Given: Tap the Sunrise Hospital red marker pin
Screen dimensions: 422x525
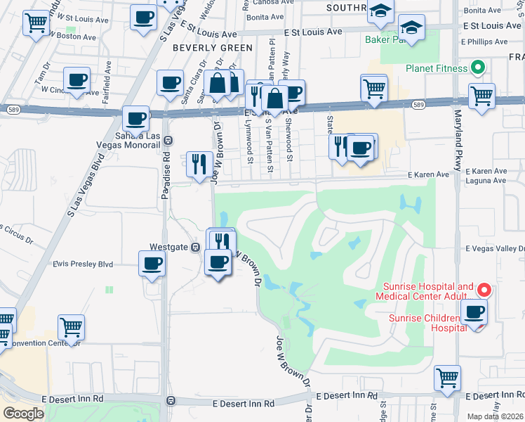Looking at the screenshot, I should (x=484, y=290).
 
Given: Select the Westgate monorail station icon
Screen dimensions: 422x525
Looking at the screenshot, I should (x=196, y=248).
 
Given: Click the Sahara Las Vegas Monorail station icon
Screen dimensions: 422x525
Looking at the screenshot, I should (x=168, y=140).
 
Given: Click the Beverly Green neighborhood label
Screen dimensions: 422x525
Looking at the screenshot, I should (x=212, y=48).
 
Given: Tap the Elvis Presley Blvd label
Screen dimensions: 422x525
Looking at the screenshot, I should (x=83, y=264).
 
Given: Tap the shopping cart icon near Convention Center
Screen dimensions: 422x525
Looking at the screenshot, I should (x=72, y=326).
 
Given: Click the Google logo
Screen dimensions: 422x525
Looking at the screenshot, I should (x=23, y=414).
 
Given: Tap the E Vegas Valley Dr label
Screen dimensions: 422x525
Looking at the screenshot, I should (x=495, y=249).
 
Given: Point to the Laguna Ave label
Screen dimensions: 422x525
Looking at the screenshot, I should (x=489, y=181).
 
